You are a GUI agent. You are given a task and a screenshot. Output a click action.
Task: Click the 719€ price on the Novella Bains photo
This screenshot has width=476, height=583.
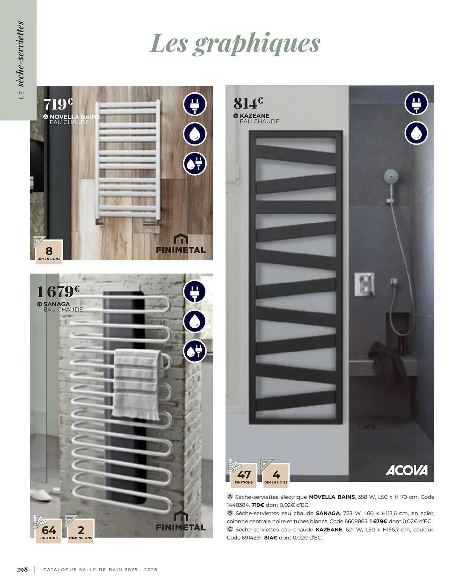point(58,104)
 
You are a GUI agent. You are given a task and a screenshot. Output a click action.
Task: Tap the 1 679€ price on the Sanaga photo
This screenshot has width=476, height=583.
point(58,291)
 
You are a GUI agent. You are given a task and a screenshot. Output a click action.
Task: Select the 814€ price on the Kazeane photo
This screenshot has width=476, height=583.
point(248,103)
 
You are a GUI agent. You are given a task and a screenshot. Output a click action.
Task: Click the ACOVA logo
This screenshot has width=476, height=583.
point(406,470)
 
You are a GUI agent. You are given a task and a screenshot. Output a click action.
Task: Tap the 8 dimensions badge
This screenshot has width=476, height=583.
point(49,252)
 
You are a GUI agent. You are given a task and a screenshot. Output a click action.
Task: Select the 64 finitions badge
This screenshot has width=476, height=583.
point(48,531)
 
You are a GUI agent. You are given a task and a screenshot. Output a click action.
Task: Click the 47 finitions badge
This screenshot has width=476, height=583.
point(244,475)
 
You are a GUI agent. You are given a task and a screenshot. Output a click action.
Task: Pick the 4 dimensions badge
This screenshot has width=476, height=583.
point(276,475)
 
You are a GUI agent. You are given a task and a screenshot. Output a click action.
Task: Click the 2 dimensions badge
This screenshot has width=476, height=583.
point(81,531)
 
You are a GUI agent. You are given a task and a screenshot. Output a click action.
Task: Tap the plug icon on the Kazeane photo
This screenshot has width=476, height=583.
point(416,103)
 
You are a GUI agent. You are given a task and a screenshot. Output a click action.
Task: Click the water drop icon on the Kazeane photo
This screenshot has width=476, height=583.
point(416,133)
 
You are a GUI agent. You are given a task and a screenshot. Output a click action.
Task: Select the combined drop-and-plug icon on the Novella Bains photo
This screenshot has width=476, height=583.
point(194,164)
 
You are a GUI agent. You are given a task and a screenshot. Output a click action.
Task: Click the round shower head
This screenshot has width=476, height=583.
point(391,176)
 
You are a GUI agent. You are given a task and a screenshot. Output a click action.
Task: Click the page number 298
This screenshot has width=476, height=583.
point(22,569)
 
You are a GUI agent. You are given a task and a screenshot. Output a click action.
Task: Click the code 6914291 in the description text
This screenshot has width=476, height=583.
point(252,538)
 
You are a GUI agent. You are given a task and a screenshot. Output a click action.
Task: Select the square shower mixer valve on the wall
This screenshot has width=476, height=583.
point(364,284)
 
